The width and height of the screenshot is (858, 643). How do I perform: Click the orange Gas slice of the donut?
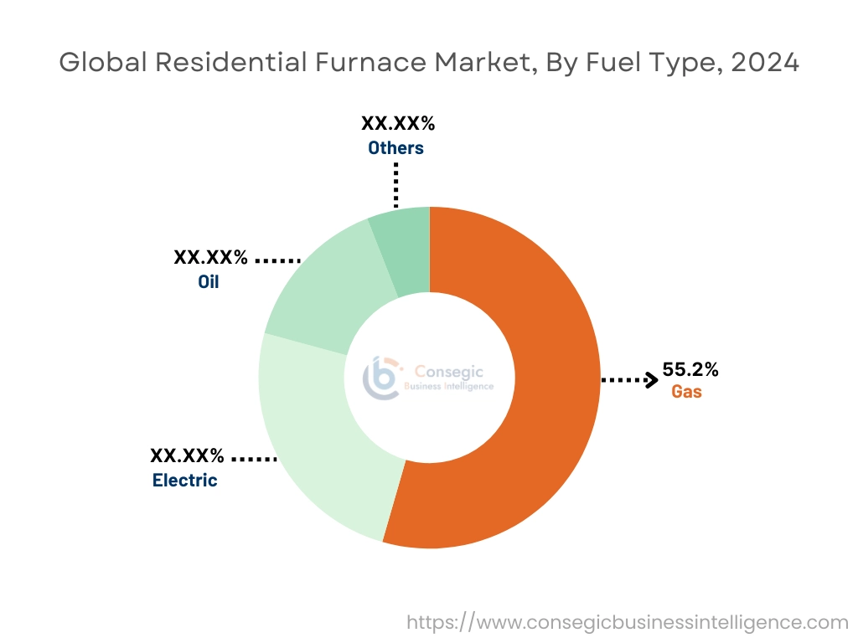536,402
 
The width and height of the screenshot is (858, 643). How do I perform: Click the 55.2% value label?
690,369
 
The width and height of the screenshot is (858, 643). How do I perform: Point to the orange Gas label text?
686,392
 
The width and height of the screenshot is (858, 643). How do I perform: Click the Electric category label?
184,481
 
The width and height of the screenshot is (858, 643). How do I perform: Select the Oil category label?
208,281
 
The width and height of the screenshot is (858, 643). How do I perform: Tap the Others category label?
395,148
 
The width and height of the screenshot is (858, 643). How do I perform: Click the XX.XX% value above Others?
398,124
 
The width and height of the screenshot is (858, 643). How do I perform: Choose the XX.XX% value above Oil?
210,257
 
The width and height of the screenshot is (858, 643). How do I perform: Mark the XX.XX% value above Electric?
187,456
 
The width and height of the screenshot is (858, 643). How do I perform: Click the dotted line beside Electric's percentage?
253,459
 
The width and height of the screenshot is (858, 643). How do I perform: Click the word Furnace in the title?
368,62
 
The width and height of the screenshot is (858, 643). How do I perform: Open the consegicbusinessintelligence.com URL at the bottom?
628,623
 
